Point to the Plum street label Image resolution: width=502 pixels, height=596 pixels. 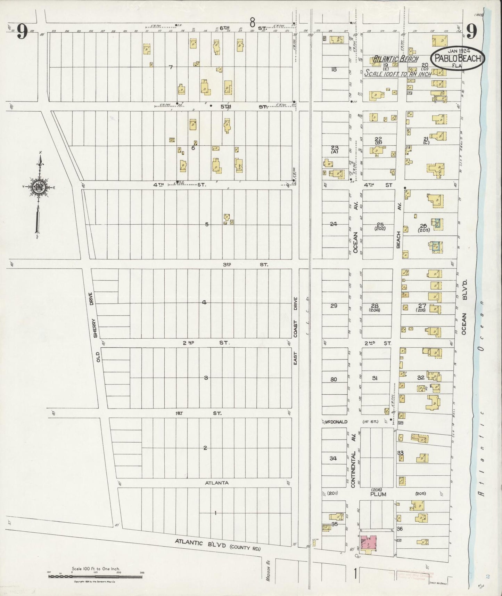[378, 494]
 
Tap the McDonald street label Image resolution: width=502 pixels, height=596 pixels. [336, 422]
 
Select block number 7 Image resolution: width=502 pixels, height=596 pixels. [171, 67]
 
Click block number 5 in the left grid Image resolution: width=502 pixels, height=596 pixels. [207, 224]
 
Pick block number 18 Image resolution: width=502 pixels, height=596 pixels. [334, 69]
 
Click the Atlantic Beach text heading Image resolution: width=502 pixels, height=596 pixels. [395, 59]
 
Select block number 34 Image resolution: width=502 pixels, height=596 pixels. [333, 458]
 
